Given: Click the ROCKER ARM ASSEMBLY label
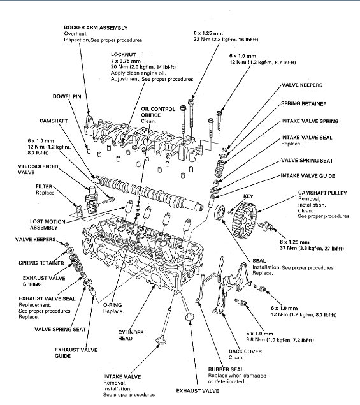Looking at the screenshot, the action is coord(96,27).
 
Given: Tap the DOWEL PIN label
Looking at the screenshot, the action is coord(67,96).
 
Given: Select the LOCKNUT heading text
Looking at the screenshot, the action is coord(124,54).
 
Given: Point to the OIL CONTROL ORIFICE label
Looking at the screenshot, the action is coord(158,112).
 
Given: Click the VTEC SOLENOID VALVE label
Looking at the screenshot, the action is coord(38,169).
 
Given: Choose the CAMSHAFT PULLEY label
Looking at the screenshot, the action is coord(322,193).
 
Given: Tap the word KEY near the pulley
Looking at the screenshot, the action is coord(248,196).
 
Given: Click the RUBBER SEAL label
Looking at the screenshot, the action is coord(226,369).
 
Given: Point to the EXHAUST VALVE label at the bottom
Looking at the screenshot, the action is coord(198,391).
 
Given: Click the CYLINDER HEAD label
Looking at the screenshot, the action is coord(131,335).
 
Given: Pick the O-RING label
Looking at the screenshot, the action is coord(113,305).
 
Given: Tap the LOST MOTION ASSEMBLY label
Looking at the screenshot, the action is coord(48,225).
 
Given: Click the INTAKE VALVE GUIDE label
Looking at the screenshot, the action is coord(308,176).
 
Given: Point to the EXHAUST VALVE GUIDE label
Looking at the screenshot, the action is coord(76,353).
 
